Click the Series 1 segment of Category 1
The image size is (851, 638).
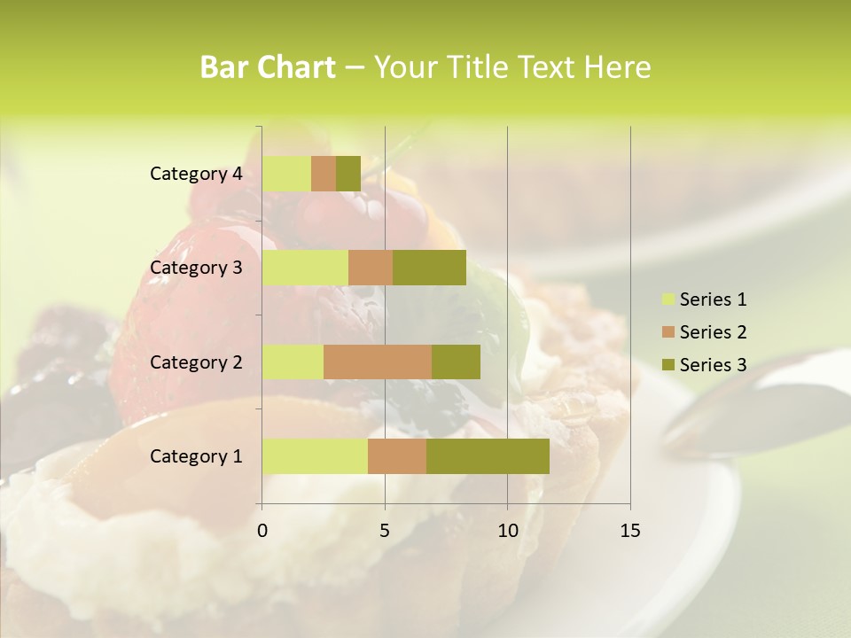click(x=315, y=455)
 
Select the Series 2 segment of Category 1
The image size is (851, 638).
click(x=397, y=455)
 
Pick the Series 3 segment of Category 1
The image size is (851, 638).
click(x=488, y=455)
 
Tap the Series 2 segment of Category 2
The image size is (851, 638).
click(x=378, y=362)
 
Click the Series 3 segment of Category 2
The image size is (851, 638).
click(x=456, y=362)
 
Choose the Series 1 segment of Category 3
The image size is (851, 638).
click(x=305, y=268)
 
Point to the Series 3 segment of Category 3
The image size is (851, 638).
click(x=429, y=268)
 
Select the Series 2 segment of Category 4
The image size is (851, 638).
click(x=324, y=174)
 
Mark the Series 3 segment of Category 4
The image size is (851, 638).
click(x=348, y=174)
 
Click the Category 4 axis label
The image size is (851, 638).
click(x=196, y=174)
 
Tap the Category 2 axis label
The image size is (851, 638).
click(x=196, y=362)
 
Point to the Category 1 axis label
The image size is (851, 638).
click(x=196, y=456)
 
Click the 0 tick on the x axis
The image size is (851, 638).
click(x=262, y=531)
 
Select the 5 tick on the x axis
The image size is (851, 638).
click(x=385, y=531)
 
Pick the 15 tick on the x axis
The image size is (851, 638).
click(x=629, y=531)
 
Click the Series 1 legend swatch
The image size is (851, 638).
click(x=668, y=300)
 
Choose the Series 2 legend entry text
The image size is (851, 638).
click(x=713, y=332)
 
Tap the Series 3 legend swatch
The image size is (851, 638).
click(x=668, y=365)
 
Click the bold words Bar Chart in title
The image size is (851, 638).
click(x=267, y=67)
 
